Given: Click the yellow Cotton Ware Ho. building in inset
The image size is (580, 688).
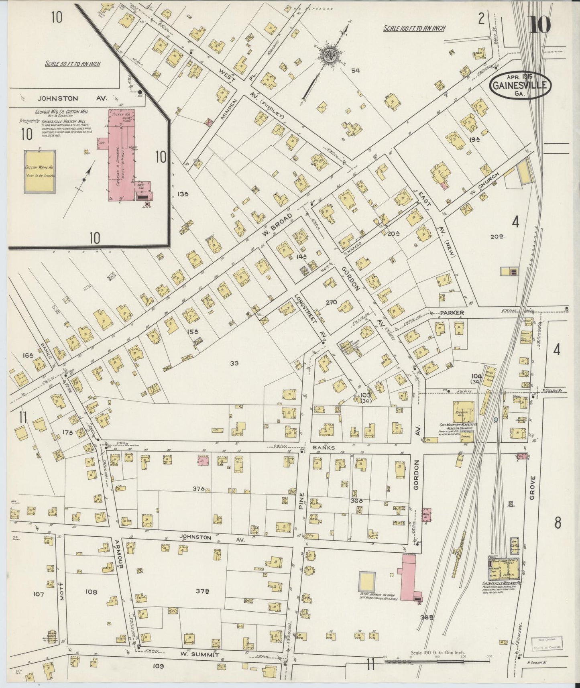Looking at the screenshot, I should pyautogui.click(x=40, y=171).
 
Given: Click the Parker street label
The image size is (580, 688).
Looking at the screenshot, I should pyautogui.click(x=452, y=312).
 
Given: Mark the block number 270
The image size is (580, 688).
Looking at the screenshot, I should pyautogui.click(x=331, y=302).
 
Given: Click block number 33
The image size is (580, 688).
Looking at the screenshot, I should pyautogui.click(x=235, y=363).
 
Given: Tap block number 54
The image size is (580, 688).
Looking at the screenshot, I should pyautogui.click(x=355, y=71).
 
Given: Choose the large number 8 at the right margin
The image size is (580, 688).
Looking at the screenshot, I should pyautogui.click(x=557, y=523).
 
